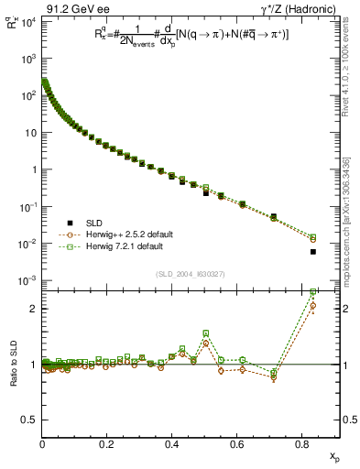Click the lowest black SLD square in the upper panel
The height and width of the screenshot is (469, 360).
tap(313, 251)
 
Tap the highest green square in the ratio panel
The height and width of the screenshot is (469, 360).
tap(313, 292)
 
